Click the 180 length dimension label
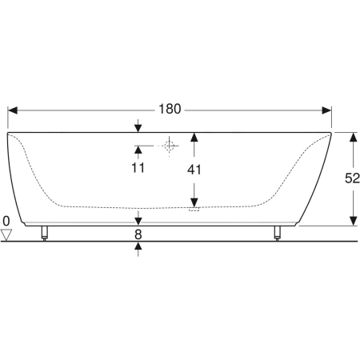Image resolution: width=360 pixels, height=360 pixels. click(170, 109)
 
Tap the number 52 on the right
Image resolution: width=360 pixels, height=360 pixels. click(352, 178)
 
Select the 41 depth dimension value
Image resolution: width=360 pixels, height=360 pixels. click(194, 170)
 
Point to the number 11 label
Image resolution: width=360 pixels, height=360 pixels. click(138, 168)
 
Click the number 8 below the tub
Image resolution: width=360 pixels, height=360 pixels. click(138, 234)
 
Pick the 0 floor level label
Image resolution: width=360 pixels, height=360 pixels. click(6, 221)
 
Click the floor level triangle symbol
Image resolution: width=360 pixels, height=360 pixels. click(6, 234)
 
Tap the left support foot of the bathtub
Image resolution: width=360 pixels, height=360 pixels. click(45, 234)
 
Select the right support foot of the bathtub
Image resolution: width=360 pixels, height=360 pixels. click(278, 234)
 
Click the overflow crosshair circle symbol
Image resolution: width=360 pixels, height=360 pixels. click(169, 146)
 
